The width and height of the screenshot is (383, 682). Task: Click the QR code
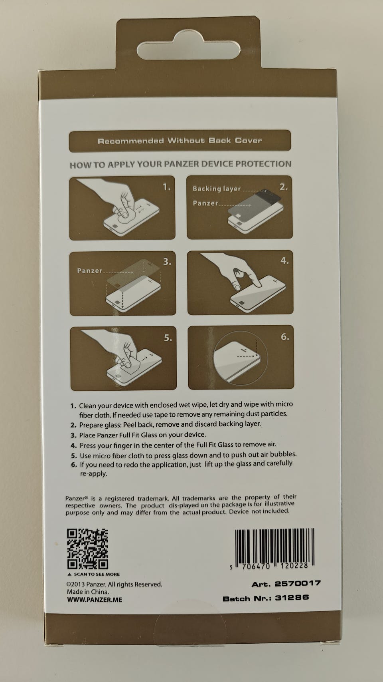click(87, 549)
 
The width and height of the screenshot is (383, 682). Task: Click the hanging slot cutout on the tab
click(188, 50)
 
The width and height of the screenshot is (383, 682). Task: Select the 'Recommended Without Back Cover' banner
click(180, 141)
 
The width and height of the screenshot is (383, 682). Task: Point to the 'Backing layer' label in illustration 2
click(217, 189)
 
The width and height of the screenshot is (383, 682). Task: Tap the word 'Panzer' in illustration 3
click(90, 270)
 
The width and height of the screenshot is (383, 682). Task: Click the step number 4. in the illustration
click(284, 260)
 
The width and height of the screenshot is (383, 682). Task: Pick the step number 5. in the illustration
click(168, 338)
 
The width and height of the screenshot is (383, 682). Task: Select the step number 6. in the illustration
click(285, 337)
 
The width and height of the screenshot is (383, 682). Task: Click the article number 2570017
click(298, 584)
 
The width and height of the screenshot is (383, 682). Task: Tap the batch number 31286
click(292, 597)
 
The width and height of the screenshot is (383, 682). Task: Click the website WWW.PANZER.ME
click(95, 600)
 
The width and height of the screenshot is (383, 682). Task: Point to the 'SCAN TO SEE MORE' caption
click(97, 574)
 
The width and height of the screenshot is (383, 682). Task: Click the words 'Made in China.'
click(88, 592)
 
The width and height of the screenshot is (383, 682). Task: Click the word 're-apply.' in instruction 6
click(93, 474)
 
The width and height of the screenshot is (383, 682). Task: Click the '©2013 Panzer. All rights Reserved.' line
click(114, 584)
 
